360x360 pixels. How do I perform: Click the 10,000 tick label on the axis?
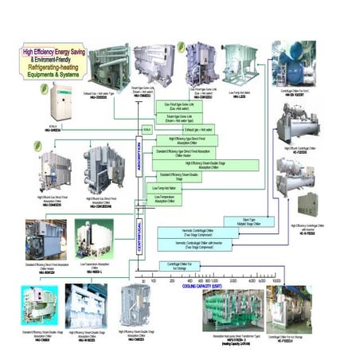click(276, 281)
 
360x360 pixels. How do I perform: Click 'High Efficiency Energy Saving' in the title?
click(57, 51)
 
